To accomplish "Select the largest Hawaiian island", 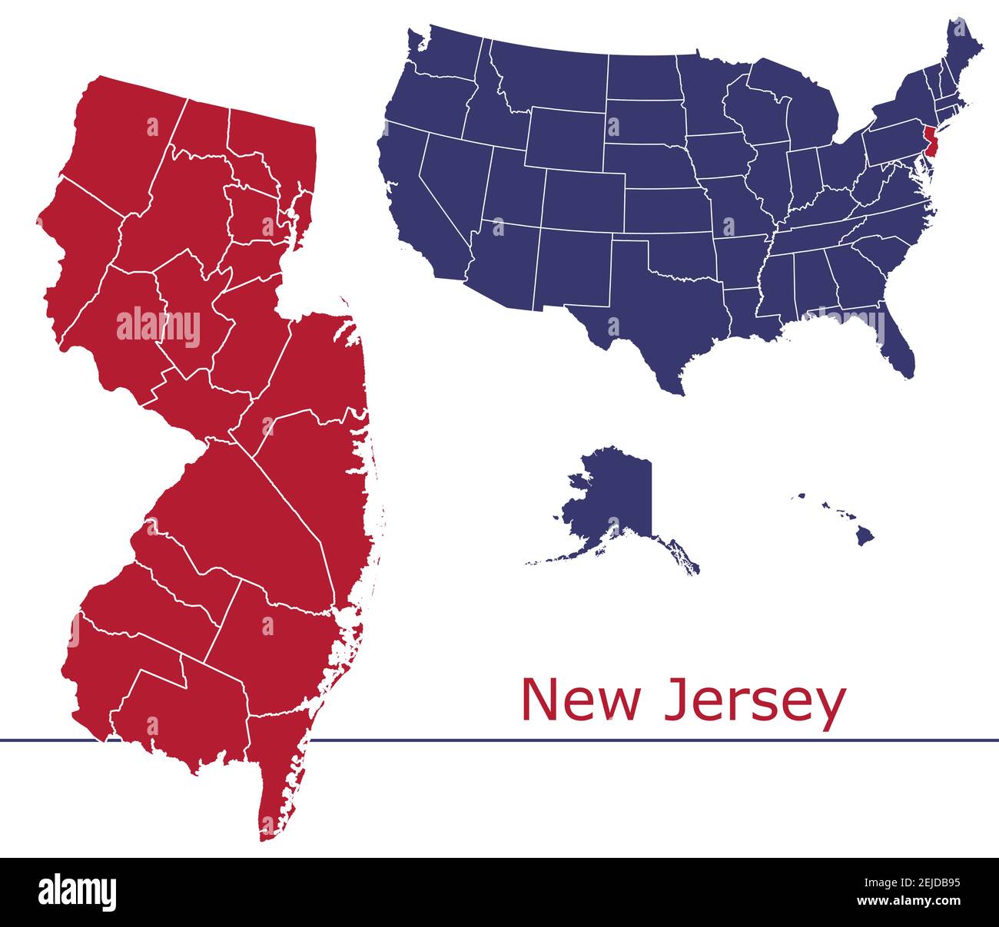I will [x=865, y=536].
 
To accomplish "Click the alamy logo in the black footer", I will [x=78, y=892].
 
